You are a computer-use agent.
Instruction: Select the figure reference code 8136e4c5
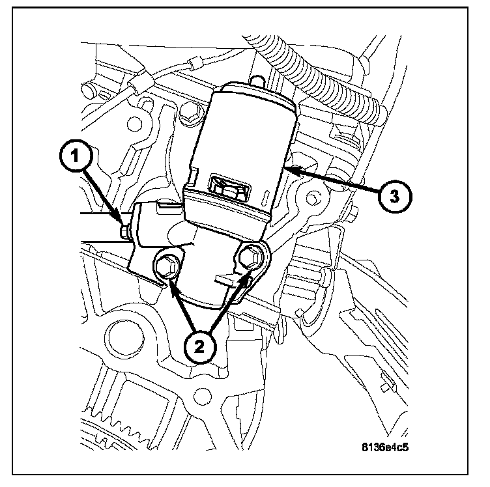[x=390, y=448]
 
